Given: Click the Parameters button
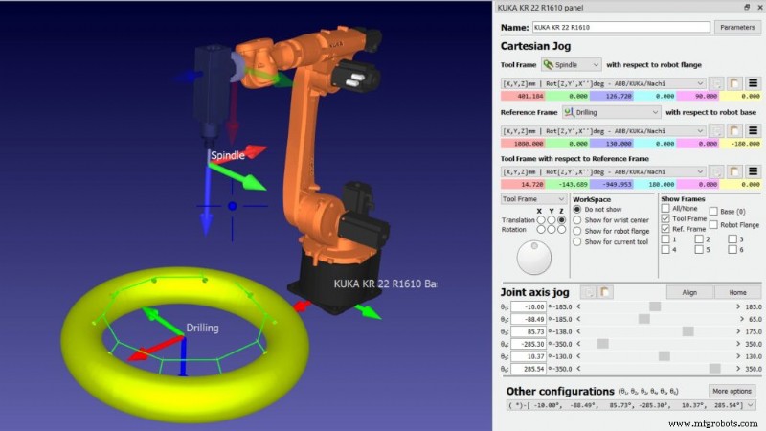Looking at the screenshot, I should click(x=737, y=28).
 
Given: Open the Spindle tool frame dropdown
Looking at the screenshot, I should click(x=571, y=64).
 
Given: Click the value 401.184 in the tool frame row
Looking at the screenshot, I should click(x=526, y=96).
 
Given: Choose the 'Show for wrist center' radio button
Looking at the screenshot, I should click(x=577, y=219).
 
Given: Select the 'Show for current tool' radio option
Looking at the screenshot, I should click(x=577, y=241).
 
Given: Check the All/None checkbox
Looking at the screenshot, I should click(x=666, y=208).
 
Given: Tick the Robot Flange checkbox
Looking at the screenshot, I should click(x=714, y=224).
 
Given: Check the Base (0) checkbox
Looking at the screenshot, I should click(x=714, y=211).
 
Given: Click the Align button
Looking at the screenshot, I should click(x=688, y=291).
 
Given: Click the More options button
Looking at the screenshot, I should click(x=732, y=391).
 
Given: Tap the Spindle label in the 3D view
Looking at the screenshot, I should click(x=230, y=154).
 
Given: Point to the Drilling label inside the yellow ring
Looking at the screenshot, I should click(x=202, y=328).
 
